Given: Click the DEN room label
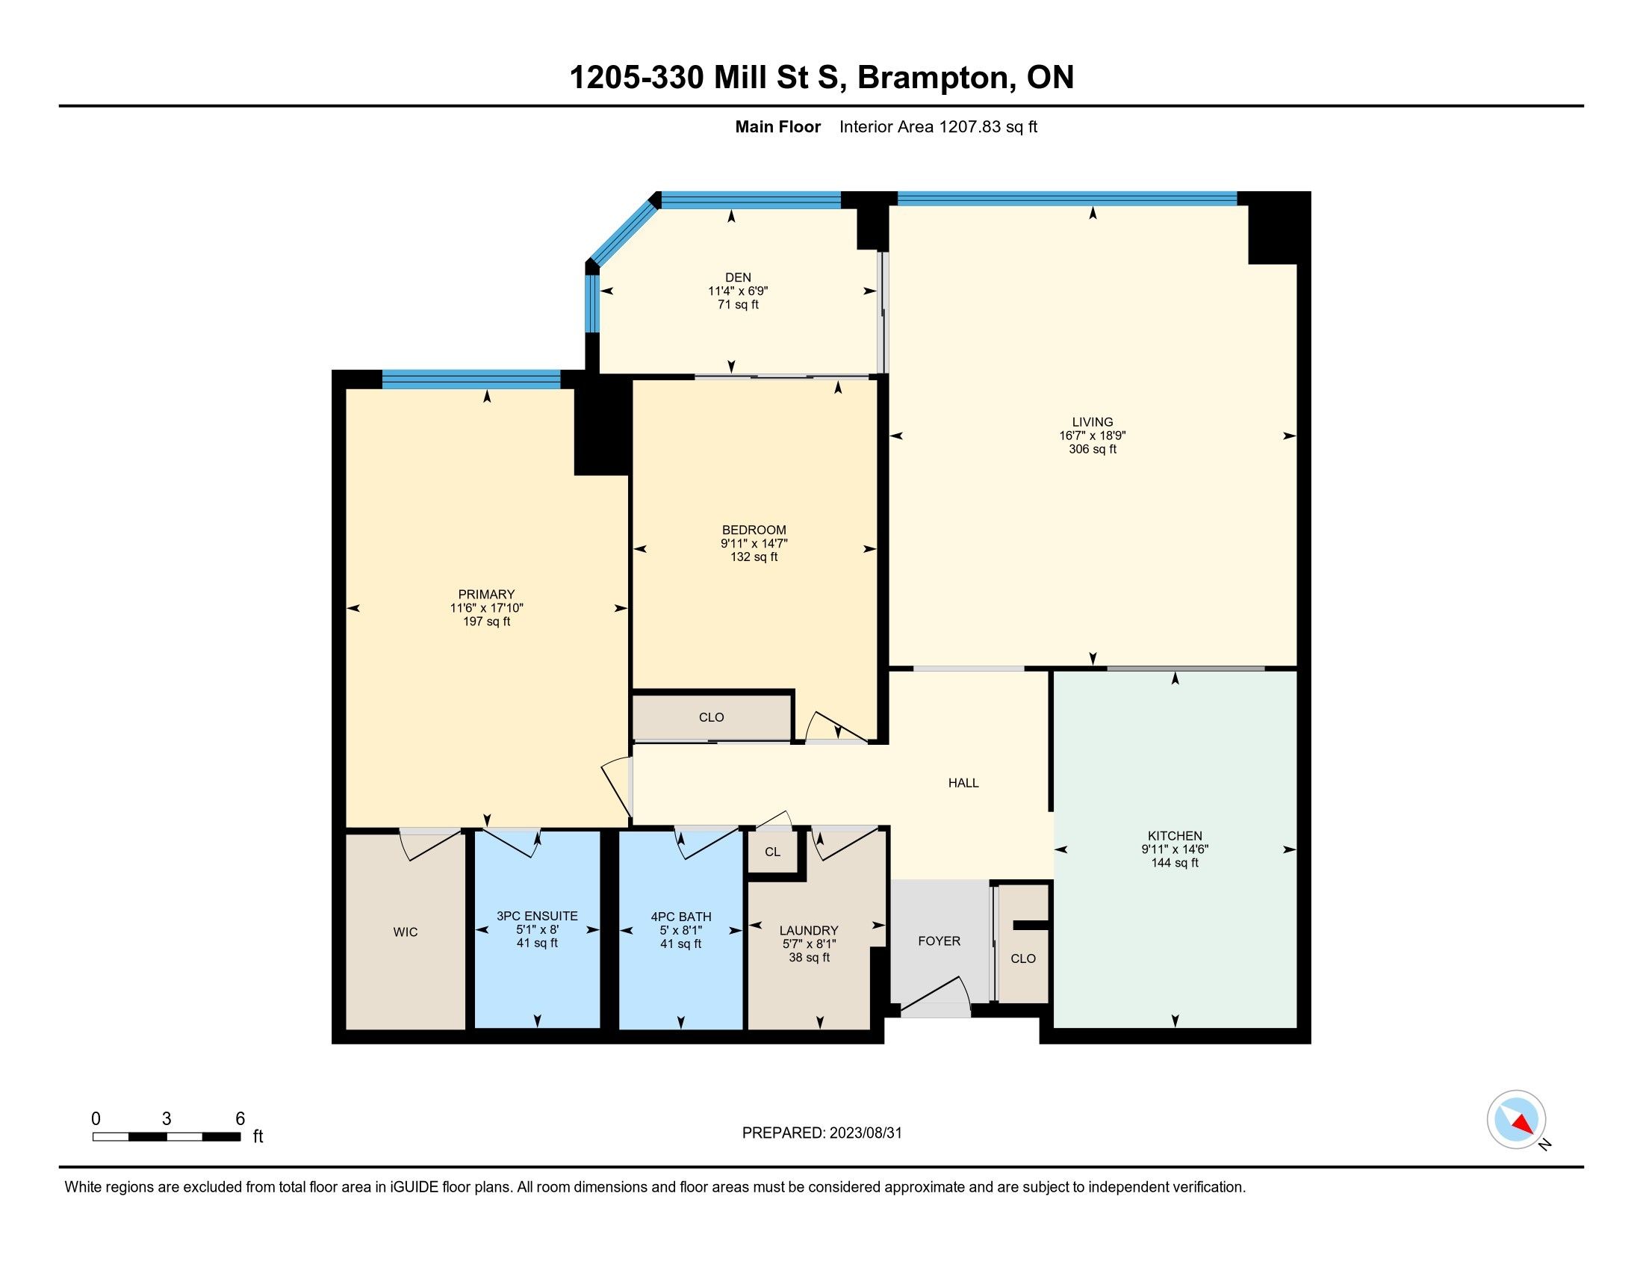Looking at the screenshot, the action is [x=738, y=278].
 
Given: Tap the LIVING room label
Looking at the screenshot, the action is [x=1093, y=422].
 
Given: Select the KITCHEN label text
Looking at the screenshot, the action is [x=1175, y=836].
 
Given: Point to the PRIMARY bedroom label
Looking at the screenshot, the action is [x=487, y=595].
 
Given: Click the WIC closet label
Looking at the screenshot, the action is [x=406, y=932].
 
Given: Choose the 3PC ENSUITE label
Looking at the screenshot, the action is [x=537, y=917].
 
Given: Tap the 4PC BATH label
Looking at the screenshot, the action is [x=681, y=917].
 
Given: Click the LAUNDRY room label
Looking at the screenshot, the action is [x=809, y=931].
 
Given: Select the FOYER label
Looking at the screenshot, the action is [x=939, y=941].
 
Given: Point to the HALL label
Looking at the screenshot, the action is [x=963, y=783].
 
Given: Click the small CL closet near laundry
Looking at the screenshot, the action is [x=773, y=852].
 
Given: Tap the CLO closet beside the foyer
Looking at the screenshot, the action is [x=1023, y=958].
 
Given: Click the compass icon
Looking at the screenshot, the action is [x=1516, y=1119].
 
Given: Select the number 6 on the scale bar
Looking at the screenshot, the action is [x=240, y=1119].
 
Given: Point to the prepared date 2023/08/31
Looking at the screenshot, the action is [x=865, y=1133].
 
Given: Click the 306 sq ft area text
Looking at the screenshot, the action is [x=1093, y=449].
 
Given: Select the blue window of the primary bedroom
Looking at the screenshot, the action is [x=471, y=380].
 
